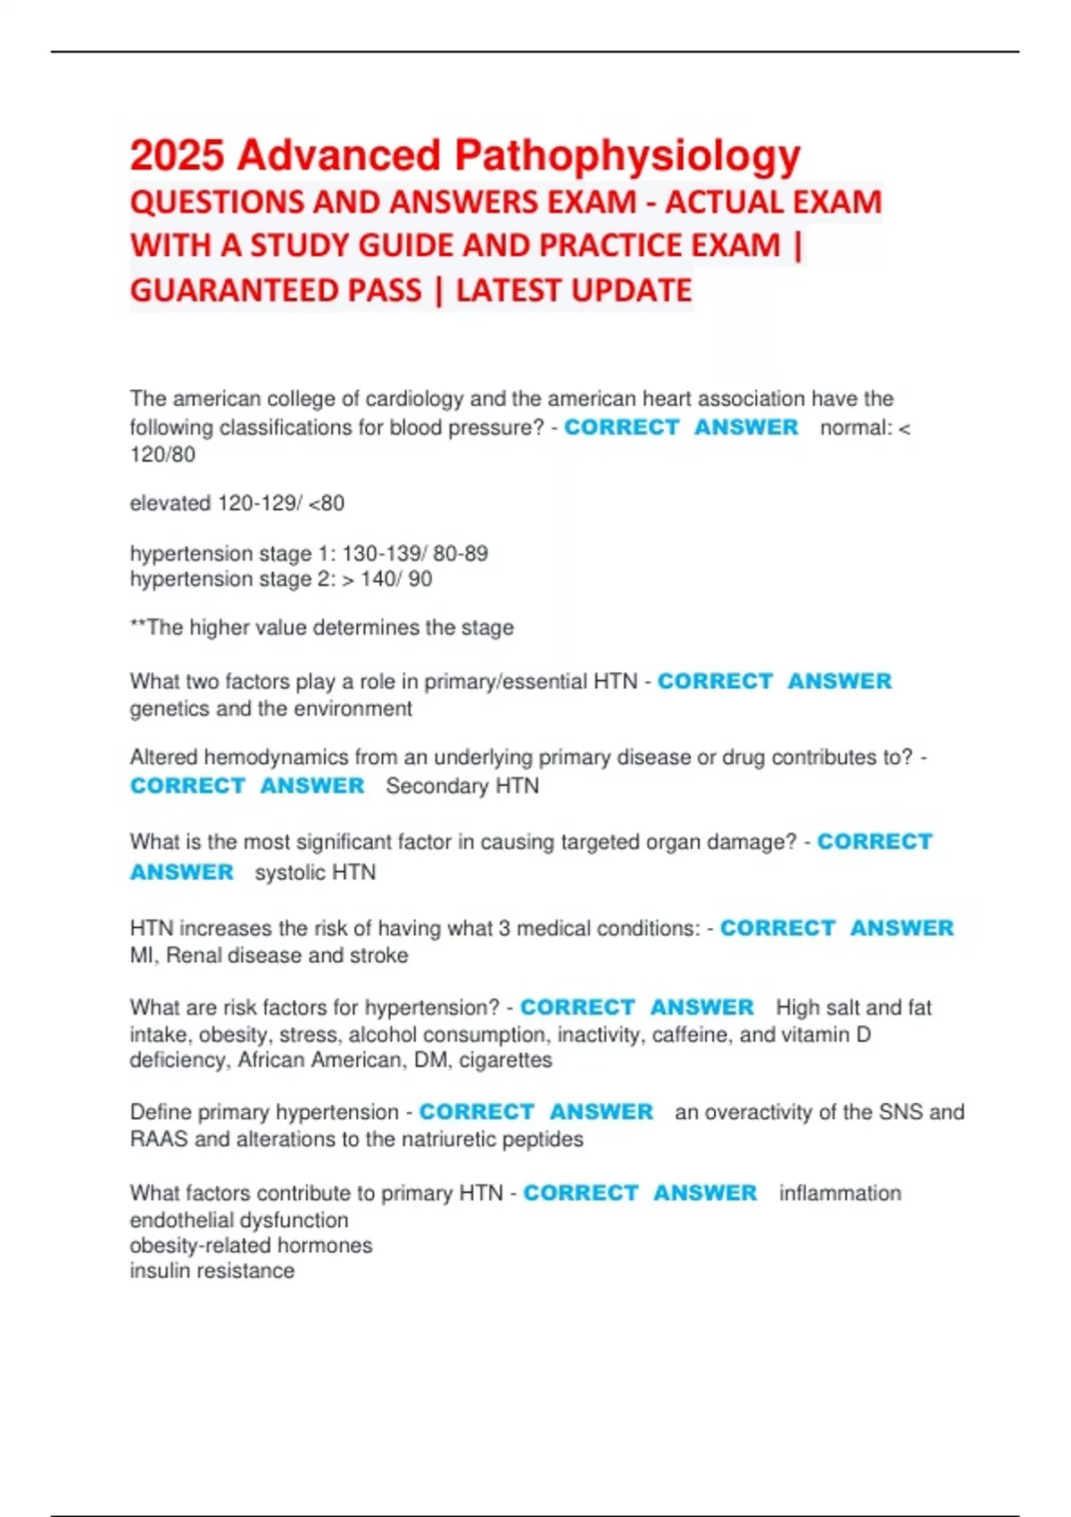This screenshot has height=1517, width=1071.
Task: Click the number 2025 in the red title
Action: tap(177, 155)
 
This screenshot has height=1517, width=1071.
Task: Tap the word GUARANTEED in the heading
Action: tap(276, 291)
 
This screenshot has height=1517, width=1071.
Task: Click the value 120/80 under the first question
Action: tap(162, 455)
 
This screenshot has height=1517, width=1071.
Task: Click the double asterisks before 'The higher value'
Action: tap(137, 626)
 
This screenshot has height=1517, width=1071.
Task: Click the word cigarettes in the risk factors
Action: tap(505, 1060)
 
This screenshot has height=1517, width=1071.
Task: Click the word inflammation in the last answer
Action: tap(840, 1193)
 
